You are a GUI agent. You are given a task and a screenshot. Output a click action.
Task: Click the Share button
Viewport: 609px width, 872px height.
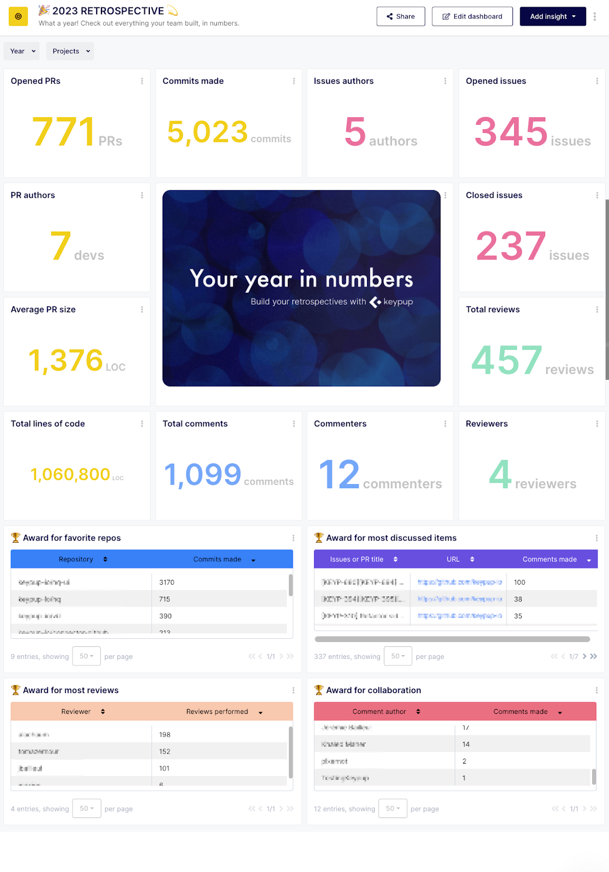[x=401, y=16]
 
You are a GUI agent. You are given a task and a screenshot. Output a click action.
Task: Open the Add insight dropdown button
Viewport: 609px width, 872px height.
[x=552, y=16]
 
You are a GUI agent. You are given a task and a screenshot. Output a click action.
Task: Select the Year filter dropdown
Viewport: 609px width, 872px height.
[x=22, y=51]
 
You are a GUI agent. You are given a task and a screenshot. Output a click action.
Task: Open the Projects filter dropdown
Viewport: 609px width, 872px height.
[x=70, y=51]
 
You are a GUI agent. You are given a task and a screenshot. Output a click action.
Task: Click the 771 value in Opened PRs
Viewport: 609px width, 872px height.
[x=64, y=132]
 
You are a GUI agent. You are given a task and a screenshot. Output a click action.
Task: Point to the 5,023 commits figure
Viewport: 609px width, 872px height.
[x=208, y=132]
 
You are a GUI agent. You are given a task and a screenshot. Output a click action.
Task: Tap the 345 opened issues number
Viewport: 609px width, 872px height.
[x=511, y=132]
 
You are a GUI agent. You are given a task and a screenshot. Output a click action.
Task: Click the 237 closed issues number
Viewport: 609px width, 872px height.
[x=511, y=246]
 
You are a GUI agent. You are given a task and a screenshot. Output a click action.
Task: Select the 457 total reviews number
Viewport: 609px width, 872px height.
[x=507, y=361]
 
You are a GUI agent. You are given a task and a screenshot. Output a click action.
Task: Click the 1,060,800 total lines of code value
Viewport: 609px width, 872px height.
[x=70, y=475]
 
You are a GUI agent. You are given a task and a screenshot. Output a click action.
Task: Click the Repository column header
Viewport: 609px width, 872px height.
[x=76, y=559]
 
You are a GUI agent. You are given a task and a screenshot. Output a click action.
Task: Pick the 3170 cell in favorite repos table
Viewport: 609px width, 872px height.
[x=167, y=582]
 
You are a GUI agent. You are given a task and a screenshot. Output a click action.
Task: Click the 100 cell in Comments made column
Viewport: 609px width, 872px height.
[x=520, y=582]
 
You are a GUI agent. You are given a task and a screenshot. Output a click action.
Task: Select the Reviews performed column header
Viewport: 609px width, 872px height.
[x=217, y=712]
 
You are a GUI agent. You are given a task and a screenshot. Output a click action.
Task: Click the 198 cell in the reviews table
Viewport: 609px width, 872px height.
[x=165, y=735]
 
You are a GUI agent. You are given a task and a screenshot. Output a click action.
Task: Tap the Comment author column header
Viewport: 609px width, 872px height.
[x=379, y=712]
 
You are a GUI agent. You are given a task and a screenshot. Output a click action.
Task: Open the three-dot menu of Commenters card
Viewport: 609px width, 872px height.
[x=445, y=424]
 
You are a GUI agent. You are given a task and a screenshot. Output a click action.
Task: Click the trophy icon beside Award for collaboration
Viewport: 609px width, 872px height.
[x=319, y=690]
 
